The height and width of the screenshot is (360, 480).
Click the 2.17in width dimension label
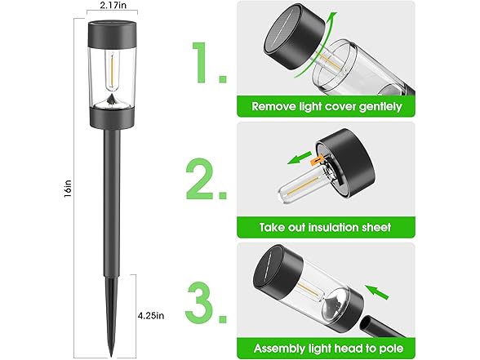109,6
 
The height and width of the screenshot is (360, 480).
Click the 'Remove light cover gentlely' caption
327,106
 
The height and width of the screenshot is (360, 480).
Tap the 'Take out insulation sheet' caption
326,228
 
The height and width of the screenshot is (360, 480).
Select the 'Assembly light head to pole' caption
327,347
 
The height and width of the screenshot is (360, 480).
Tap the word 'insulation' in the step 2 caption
336,228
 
